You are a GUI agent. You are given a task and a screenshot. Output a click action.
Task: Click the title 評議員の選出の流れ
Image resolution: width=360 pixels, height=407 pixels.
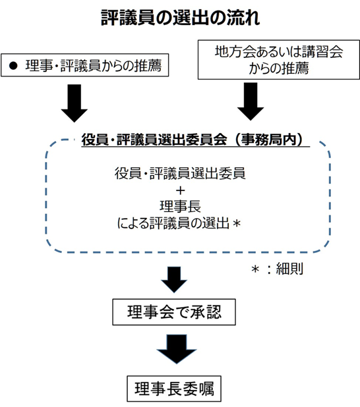181,18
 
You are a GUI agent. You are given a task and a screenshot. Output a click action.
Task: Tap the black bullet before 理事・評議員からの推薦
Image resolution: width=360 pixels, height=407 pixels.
13,65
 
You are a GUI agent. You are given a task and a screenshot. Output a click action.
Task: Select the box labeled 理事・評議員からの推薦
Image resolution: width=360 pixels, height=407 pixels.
85,65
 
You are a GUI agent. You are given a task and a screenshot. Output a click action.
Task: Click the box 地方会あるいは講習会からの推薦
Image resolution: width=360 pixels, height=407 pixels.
279,60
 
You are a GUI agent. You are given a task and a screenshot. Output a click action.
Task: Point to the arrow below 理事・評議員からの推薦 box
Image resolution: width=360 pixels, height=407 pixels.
75,103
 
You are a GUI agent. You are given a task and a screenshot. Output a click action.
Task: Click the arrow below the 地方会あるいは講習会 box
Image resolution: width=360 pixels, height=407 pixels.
251,101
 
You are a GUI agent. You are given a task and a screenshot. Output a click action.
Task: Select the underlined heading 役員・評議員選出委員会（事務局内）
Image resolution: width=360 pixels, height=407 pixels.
193,140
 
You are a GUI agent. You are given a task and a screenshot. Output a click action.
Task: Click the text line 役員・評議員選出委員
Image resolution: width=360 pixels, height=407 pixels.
180,173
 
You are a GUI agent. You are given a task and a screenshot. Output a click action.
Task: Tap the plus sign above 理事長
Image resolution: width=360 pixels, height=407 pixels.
181,191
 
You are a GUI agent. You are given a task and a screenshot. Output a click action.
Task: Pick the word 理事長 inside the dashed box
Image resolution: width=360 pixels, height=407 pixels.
180,207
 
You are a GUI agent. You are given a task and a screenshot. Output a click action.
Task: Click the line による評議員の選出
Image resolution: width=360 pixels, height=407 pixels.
173,223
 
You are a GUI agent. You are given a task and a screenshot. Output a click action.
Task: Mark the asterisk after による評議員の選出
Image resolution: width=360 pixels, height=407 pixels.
237,223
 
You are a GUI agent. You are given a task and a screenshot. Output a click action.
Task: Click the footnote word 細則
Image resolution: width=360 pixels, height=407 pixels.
289,269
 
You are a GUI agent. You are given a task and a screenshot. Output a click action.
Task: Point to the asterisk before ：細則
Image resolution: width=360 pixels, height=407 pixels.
255,269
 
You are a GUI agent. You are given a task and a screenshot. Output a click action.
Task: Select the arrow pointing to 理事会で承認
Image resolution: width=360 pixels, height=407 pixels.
174,280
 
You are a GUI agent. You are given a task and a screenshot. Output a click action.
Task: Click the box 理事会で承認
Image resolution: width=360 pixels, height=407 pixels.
174,312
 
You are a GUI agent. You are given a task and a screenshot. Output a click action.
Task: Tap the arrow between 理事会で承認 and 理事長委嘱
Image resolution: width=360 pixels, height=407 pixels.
177,349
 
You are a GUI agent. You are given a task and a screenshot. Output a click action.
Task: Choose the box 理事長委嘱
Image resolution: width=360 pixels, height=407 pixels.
174,389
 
